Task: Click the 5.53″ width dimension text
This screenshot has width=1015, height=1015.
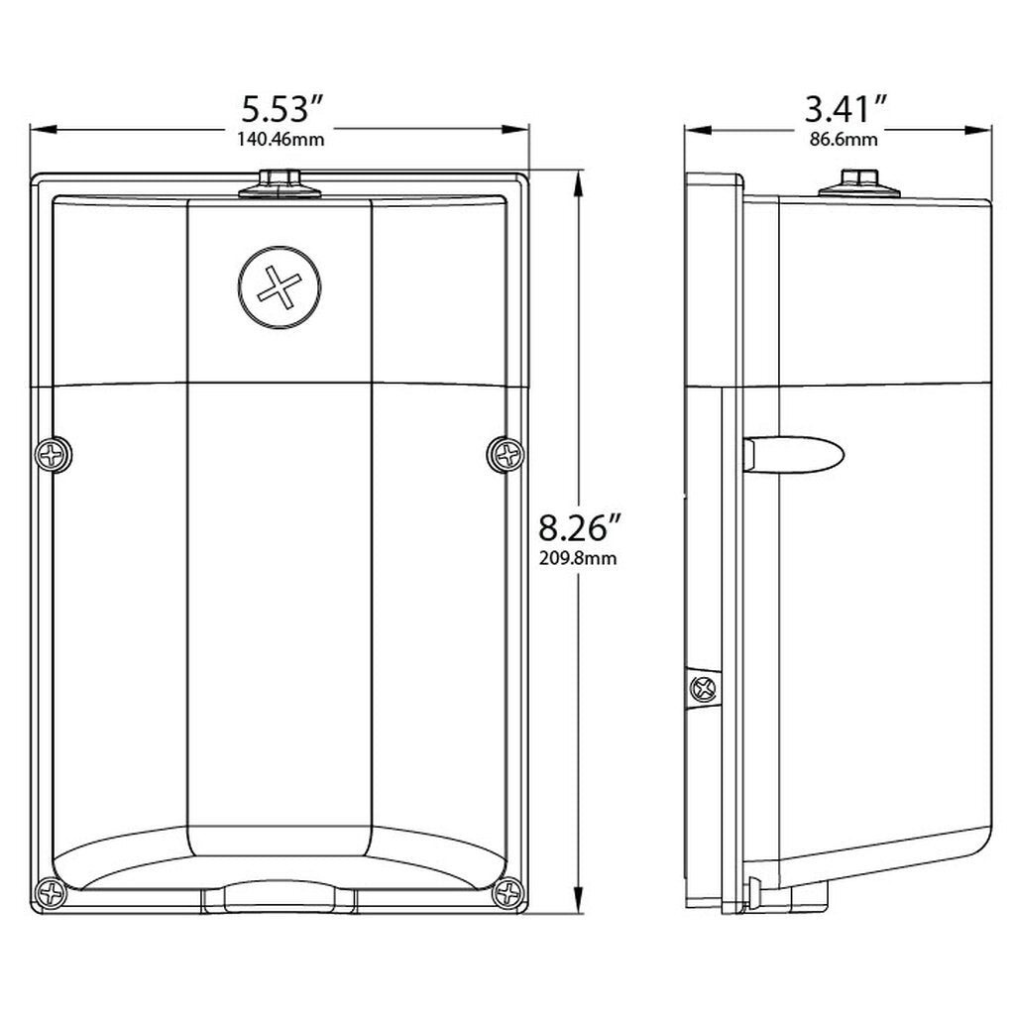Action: (x=282, y=109)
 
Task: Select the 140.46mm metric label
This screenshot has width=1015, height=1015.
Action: (x=281, y=139)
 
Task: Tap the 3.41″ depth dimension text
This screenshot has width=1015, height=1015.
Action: (x=845, y=109)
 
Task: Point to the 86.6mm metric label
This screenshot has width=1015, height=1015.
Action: (x=845, y=139)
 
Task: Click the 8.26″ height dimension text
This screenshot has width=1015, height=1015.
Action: (x=580, y=527)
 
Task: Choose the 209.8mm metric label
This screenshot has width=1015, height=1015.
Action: (x=578, y=558)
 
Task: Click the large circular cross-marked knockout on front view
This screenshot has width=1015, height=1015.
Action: (x=280, y=286)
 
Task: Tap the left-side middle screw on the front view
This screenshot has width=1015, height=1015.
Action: (x=54, y=454)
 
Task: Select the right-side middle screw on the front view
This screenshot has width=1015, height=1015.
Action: (x=506, y=454)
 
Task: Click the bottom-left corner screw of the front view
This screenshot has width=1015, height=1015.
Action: (x=51, y=894)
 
